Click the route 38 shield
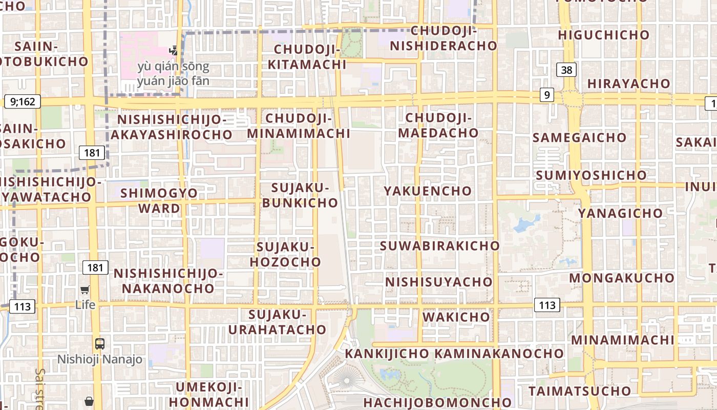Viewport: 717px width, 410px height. click(x=566, y=70)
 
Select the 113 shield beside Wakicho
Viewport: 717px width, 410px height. click(x=547, y=305)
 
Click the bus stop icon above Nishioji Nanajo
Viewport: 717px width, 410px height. click(x=100, y=344)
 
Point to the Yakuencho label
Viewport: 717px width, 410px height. click(x=428, y=191)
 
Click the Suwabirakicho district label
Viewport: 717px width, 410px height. click(x=439, y=245)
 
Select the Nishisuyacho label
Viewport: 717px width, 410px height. click(x=438, y=282)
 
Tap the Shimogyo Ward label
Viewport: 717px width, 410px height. click(x=160, y=200)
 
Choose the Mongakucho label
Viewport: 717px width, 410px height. click(x=622, y=278)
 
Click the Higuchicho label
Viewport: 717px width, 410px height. click(x=603, y=35)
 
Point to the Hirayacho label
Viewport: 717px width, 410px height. click(x=628, y=84)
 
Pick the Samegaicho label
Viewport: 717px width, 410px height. click(x=579, y=137)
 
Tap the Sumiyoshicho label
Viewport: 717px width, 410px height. click(x=591, y=175)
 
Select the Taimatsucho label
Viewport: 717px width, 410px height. click(x=580, y=391)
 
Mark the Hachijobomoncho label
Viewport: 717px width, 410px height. click(x=438, y=402)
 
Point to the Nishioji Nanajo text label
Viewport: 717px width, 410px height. click(x=100, y=359)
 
